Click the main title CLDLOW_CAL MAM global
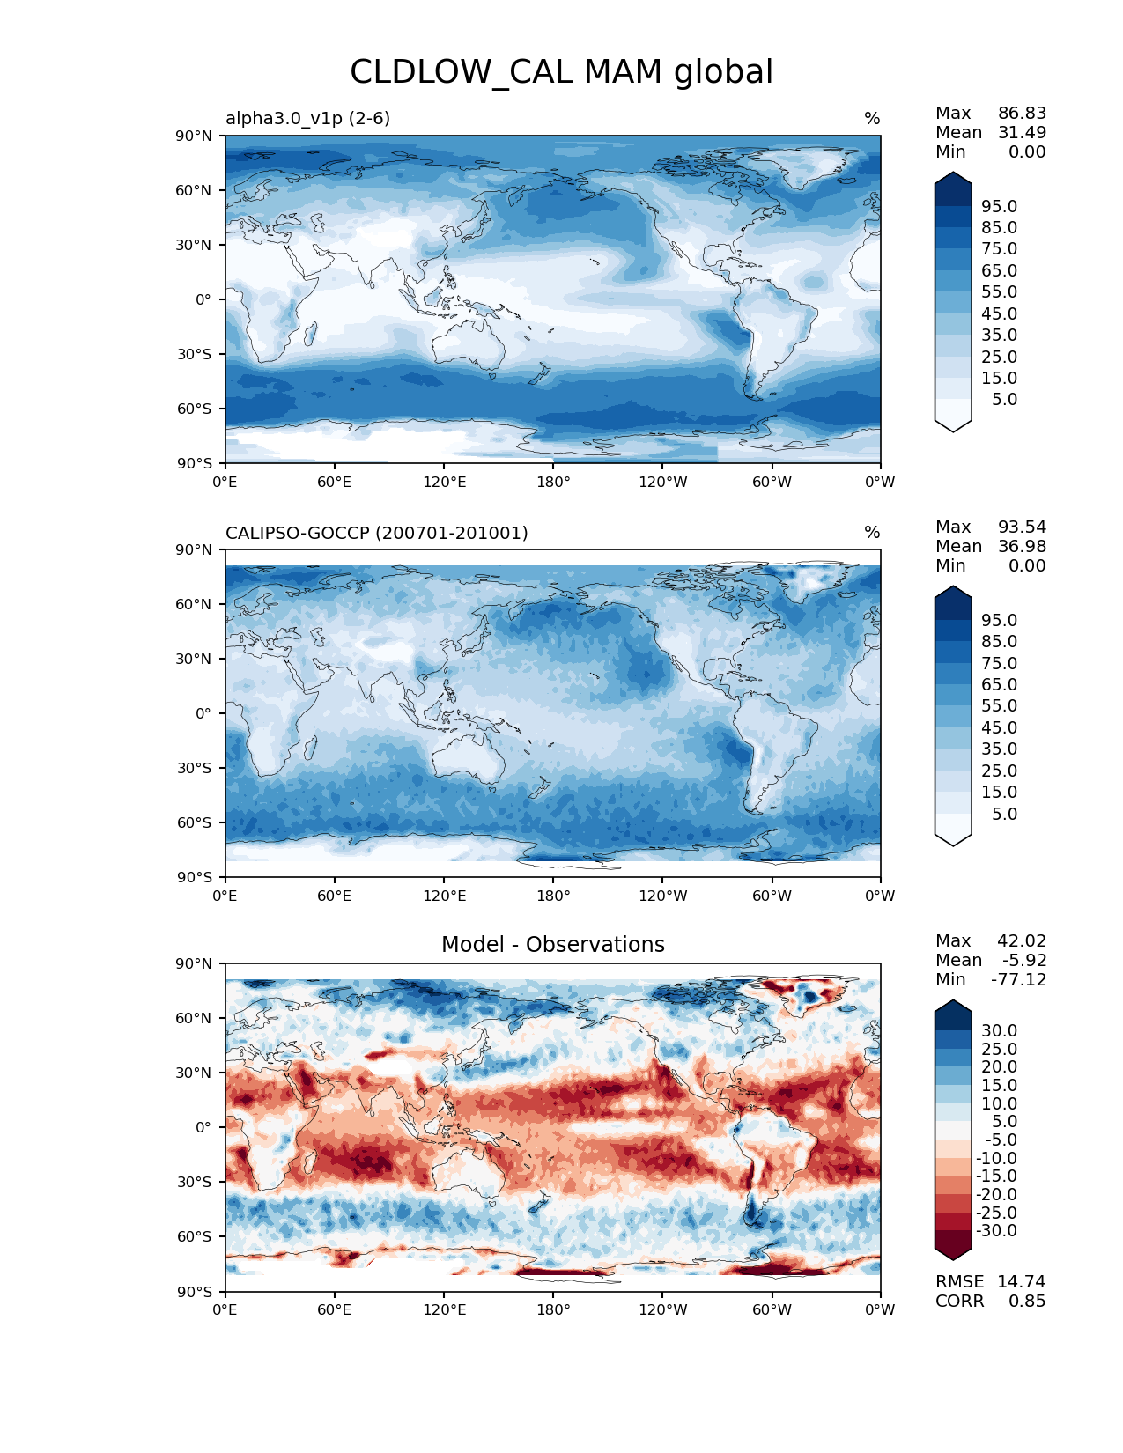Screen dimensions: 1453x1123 561,72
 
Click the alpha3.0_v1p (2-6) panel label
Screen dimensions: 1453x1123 307,118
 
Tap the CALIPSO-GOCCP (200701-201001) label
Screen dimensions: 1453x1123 376,533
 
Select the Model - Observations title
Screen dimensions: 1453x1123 552,945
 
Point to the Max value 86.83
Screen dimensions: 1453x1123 1022,114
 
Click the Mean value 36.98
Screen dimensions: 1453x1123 1022,547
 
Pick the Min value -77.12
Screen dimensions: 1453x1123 1018,980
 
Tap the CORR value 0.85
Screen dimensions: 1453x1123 1027,1302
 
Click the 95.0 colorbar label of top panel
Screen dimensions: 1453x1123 999,207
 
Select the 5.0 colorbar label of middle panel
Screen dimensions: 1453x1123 1004,815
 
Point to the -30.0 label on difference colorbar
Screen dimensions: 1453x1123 996,1231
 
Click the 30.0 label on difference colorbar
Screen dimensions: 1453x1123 999,1031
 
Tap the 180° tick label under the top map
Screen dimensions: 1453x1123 553,483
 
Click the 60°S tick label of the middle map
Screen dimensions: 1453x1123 195,822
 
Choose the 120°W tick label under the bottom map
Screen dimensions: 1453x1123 662,1310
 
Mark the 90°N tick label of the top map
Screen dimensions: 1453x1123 195,136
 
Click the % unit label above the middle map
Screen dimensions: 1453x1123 872,533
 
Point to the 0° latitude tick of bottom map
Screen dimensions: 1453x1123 203,1127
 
